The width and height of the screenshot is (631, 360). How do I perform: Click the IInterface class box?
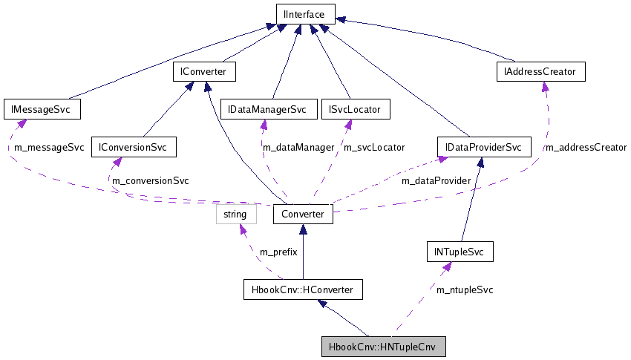[x=305, y=13]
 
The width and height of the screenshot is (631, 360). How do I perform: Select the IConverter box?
[x=203, y=72]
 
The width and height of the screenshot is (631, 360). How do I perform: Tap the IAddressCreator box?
[x=540, y=72]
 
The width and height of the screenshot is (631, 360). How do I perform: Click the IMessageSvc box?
[x=42, y=110]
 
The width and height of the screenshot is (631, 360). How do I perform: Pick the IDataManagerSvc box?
[x=268, y=110]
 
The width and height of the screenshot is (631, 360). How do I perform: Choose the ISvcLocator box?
[x=354, y=110]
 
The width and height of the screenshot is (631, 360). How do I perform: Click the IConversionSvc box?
[x=133, y=148]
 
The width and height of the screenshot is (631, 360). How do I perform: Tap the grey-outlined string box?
[x=236, y=215]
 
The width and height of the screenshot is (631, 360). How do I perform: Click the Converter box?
[x=303, y=215]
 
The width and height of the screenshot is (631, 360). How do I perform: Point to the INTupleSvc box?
[x=460, y=252]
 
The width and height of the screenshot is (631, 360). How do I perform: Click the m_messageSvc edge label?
[x=49, y=148]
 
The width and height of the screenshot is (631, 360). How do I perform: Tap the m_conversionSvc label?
[x=150, y=180]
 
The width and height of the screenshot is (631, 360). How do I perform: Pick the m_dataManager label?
[x=298, y=148]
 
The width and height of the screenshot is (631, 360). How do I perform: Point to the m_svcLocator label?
[x=373, y=148]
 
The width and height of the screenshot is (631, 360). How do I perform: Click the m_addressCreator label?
[x=586, y=148]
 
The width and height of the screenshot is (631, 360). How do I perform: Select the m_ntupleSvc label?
[x=465, y=289]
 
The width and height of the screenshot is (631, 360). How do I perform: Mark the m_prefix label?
[x=278, y=252]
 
